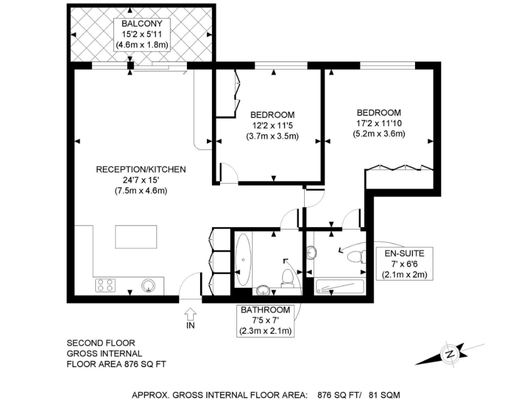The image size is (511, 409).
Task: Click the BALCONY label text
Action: pyautogui.click(x=142, y=23)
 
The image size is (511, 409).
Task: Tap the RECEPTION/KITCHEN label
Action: pyautogui.click(x=141, y=169)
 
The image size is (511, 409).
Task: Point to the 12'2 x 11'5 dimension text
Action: pyautogui.click(x=272, y=125)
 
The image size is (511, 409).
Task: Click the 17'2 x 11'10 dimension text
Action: pyautogui.click(x=379, y=124)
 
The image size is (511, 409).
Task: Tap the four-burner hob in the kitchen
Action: pyautogui.click(x=105, y=285)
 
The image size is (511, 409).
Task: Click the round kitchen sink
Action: pyautogui.click(x=149, y=285)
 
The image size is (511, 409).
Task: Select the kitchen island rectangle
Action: pyautogui.click(x=136, y=236)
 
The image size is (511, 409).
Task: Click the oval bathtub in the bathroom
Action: pyautogui.click(x=243, y=260)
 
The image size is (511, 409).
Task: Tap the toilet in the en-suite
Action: pyautogui.click(x=356, y=257)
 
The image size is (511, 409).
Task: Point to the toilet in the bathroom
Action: pyautogui.click(x=287, y=278)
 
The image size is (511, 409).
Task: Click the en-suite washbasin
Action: pyautogui.click(x=312, y=253)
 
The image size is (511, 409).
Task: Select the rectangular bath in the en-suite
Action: pyautogui.click(x=339, y=287)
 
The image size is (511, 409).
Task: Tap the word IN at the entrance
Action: pyautogui.click(x=191, y=325)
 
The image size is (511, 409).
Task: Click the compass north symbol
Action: pyautogui.click(x=450, y=354)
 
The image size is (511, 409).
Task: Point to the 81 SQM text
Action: pyautogui.click(x=384, y=395)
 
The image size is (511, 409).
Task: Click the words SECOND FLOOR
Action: pyautogui.click(x=101, y=343)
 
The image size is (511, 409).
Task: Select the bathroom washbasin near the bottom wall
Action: pyautogui.click(x=263, y=290)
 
